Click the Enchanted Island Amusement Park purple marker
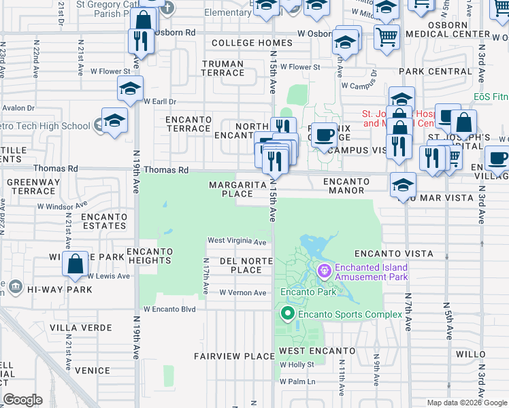(x=323, y=271)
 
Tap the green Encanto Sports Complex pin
(x=287, y=313)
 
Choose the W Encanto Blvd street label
(x=169, y=309)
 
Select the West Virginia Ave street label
(x=237, y=241)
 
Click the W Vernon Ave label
(x=243, y=292)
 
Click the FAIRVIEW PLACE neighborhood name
(x=233, y=356)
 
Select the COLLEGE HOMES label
(x=252, y=43)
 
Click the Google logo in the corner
(x=23, y=400)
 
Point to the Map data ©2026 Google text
(x=467, y=403)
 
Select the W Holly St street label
(x=297, y=364)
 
